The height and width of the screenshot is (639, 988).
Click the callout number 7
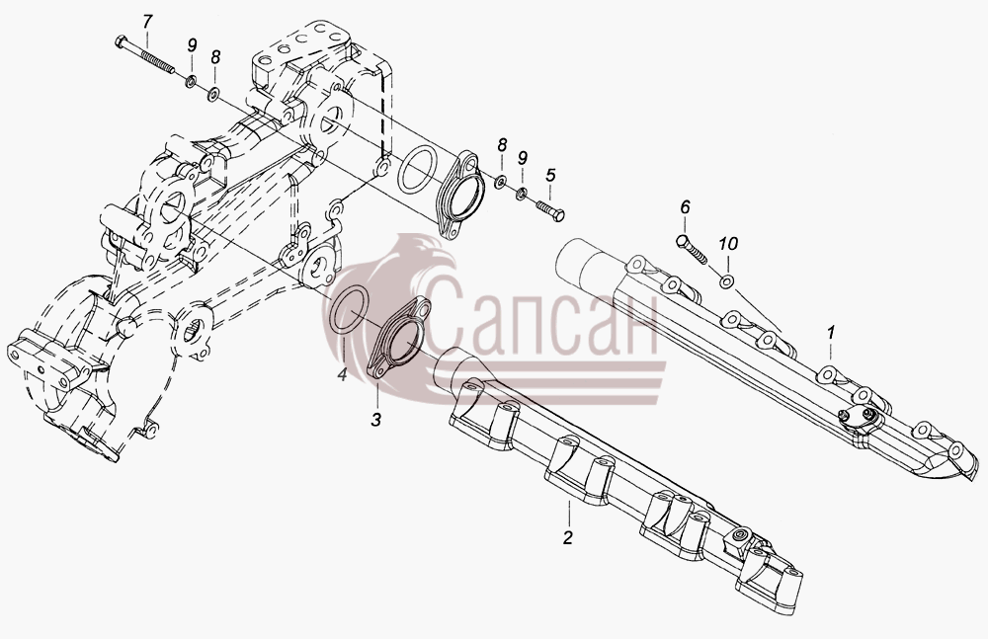147,22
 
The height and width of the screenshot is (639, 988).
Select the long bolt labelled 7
145,55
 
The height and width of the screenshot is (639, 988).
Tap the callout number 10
728,243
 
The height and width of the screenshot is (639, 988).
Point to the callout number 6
685,207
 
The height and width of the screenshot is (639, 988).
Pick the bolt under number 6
692,250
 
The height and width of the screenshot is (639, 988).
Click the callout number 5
550,175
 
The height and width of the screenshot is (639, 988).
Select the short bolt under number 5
549,208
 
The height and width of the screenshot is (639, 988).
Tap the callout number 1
831,332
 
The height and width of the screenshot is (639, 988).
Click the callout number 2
568,537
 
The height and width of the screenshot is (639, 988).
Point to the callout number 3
375,420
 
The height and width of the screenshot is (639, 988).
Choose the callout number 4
342,375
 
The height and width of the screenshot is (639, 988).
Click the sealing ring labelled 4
345,310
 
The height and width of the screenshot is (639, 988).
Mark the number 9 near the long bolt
192,44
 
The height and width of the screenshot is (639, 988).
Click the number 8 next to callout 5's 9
502,145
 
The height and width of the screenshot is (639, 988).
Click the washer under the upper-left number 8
213,95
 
